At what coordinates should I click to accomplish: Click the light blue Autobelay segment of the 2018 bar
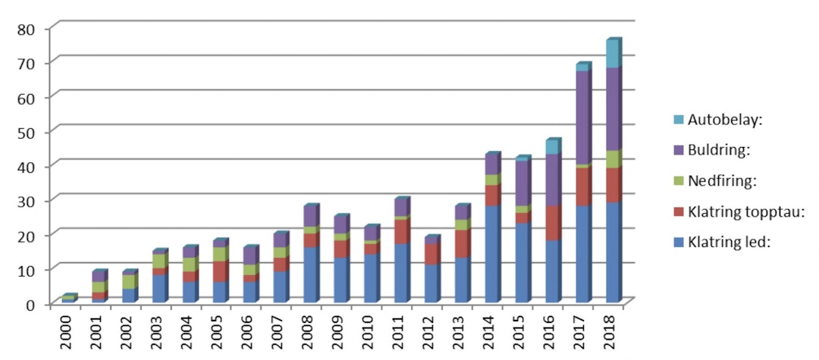[612, 55]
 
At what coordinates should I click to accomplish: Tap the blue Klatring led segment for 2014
[491, 254]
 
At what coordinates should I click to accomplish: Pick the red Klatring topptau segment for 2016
[551, 224]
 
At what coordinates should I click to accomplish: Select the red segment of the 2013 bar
[460, 243]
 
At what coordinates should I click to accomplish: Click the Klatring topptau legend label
[743, 212]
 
